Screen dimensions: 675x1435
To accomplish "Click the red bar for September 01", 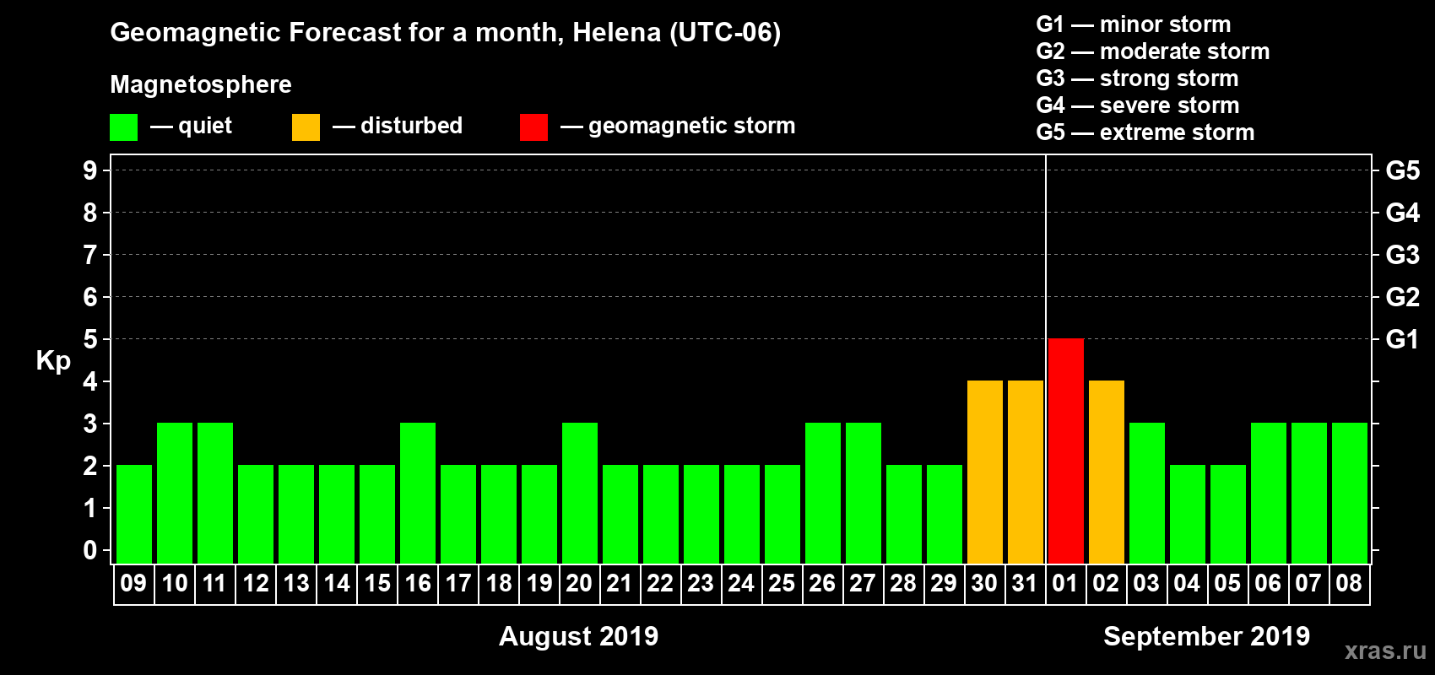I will tap(1065, 451).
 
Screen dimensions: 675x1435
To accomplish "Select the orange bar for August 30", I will tap(984, 472).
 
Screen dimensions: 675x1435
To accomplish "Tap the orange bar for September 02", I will tap(1106, 472).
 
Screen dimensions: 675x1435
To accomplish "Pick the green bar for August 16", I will tap(418, 493).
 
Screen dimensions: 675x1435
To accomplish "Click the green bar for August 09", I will tap(134, 514).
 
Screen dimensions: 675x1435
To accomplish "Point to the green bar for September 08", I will tap(1349, 493).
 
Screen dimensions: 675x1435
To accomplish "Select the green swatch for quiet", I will tap(124, 127).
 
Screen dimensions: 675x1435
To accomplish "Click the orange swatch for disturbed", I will tap(306, 127).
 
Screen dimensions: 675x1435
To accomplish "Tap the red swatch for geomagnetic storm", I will tap(533, 127).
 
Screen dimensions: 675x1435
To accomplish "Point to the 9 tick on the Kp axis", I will tap(90, 170).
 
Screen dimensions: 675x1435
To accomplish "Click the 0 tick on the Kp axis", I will tap(90, 551).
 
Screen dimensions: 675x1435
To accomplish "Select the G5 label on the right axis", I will tap(1402, 170).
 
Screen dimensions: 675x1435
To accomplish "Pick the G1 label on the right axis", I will tap(1402, 339).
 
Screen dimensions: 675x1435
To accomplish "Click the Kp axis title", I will tap(53, 360).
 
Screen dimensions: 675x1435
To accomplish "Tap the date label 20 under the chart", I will tap(579, 584).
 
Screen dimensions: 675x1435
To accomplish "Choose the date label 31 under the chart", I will tap(1025, 584).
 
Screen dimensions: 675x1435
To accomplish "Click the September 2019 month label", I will tap(1206, 636).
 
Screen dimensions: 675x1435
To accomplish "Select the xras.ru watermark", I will tap(1385, 651).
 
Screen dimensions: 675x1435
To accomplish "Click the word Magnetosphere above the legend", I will tap(201, 84).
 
